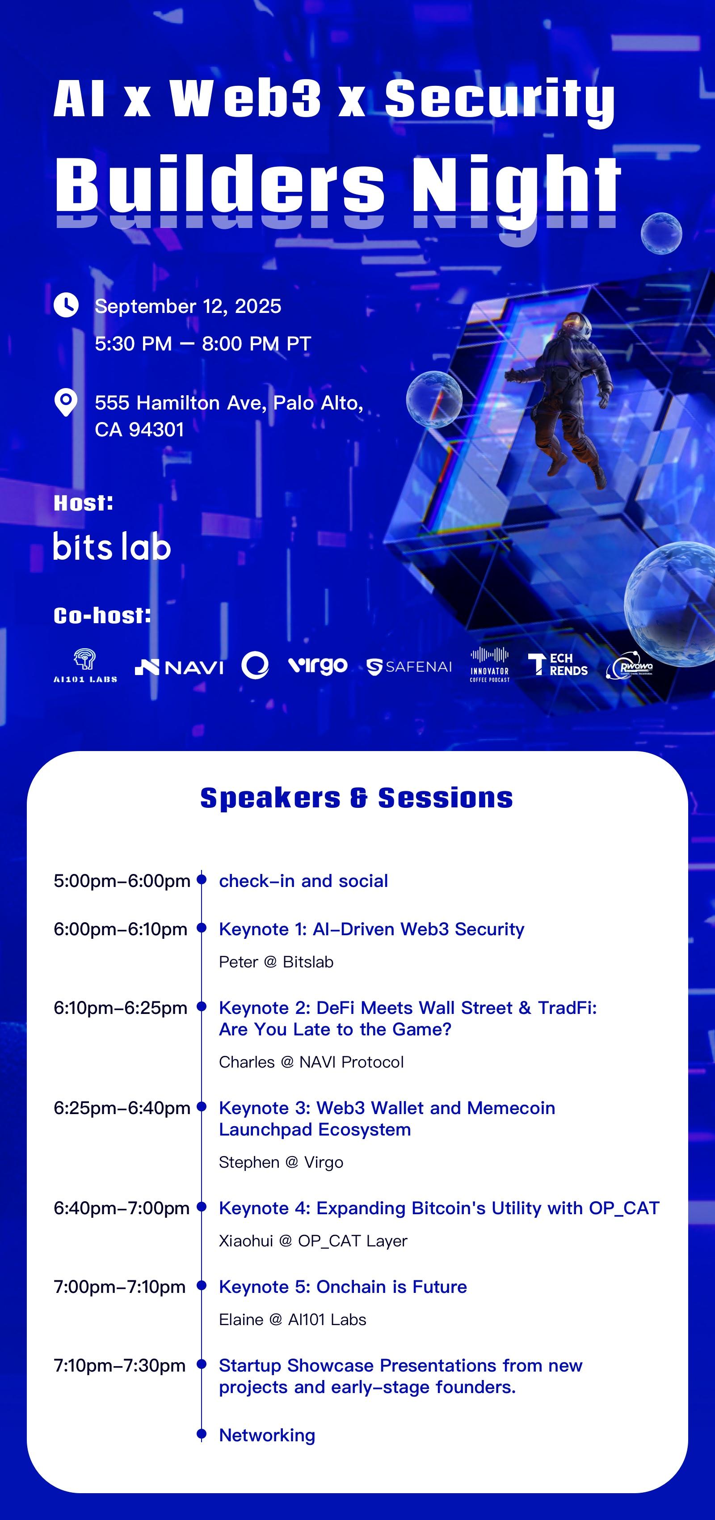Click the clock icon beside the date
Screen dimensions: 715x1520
66,305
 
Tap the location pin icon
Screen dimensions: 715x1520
66,403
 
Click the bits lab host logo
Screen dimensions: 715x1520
112,546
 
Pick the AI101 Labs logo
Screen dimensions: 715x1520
85,666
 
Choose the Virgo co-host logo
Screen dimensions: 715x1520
317,666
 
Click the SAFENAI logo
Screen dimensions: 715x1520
409,667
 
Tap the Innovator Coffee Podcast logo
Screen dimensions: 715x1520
490,664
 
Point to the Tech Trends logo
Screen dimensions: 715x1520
558,664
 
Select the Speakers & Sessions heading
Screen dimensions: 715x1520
357,798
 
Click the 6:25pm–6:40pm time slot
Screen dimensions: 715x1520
122,1108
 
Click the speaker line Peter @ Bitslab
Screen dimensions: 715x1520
276,962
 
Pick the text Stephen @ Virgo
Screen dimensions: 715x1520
281,1162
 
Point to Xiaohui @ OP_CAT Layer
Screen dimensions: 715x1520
313,1241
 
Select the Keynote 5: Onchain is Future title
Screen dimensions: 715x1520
343,1287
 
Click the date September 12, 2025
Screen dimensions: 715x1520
188,306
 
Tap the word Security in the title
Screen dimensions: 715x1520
500,100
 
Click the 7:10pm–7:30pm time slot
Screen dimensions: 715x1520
120,1365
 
